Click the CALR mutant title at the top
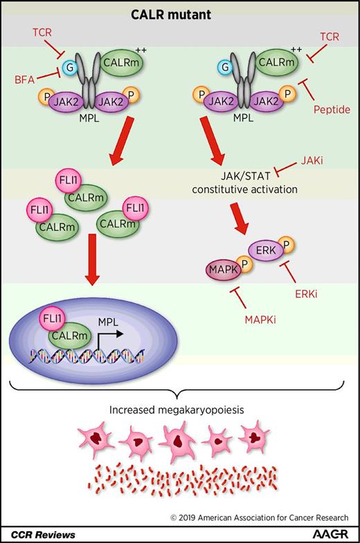[x=181, y=15]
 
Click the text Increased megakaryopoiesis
[x=180, y=409]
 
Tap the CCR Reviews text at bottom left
[x=43, y=534]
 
